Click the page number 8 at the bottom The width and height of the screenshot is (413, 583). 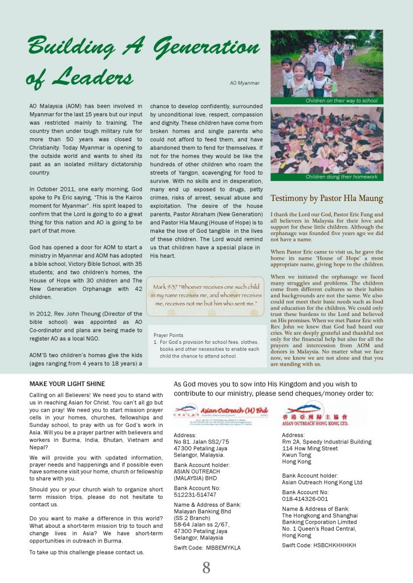click(206, 568)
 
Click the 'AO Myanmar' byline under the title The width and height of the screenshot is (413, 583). click(244, 83)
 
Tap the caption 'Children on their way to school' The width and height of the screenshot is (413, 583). click(341, 101)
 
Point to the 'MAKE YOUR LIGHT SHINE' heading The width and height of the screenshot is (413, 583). click(67, 384)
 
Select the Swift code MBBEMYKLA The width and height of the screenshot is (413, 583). click(207, 548)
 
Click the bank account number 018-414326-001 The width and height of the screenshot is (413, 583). click(305, 499)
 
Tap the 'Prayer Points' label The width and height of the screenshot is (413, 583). click(168, 335)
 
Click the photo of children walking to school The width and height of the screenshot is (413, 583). click(327, 63)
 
